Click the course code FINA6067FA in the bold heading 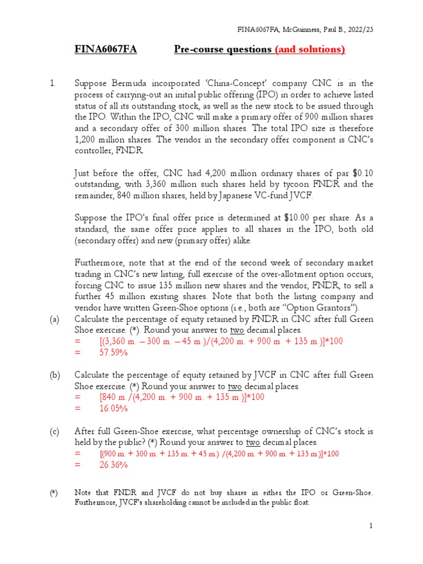[105, 50]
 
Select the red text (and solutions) [310, 50]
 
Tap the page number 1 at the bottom [372, 526]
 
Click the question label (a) [55, 319]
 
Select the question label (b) [55, 375]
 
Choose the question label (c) [55, 431]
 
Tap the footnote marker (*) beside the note [53, 493]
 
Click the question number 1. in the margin [53, 84]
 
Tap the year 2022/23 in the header [360, 29]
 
